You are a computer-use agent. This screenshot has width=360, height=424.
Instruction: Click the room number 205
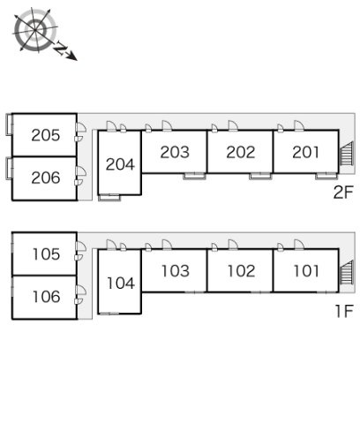(x=46, y=135)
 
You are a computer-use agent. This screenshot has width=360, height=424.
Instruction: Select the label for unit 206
(x=46, y=178)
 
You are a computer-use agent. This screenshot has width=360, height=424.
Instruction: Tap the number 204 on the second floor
(x=120, y=164)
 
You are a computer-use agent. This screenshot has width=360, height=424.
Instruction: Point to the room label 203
(x=175, y=152)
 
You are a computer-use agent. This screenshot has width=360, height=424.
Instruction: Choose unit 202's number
(x=241, y=152)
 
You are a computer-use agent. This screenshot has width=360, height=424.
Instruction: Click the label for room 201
(x=306, y=152)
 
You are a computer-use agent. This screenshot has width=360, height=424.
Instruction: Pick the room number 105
(x=46, y=254)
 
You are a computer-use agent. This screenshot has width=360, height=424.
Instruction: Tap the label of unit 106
(x=46, y=297)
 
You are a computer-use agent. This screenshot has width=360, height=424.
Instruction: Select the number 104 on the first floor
(x=121, y=284)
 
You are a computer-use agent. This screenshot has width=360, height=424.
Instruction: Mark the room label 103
(x=176, y=271)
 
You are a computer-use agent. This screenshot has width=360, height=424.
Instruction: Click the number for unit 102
(x=241, y=271)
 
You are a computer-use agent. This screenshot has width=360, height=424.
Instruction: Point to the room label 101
(x=306, y=271)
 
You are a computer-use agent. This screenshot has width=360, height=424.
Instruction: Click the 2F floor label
(x=343, y=193)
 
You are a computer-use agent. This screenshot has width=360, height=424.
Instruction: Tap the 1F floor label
(x=344, y=311)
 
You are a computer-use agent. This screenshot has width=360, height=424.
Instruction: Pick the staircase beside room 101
(x=347, y=272)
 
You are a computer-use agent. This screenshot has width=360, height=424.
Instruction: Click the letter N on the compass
(x=61, y=49)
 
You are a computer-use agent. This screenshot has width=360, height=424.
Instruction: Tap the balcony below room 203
(x=194, y=176)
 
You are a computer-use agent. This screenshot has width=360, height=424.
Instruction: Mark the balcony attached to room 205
(x=9, y=125)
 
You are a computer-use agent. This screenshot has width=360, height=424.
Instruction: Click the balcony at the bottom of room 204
(x=109, y=198)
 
